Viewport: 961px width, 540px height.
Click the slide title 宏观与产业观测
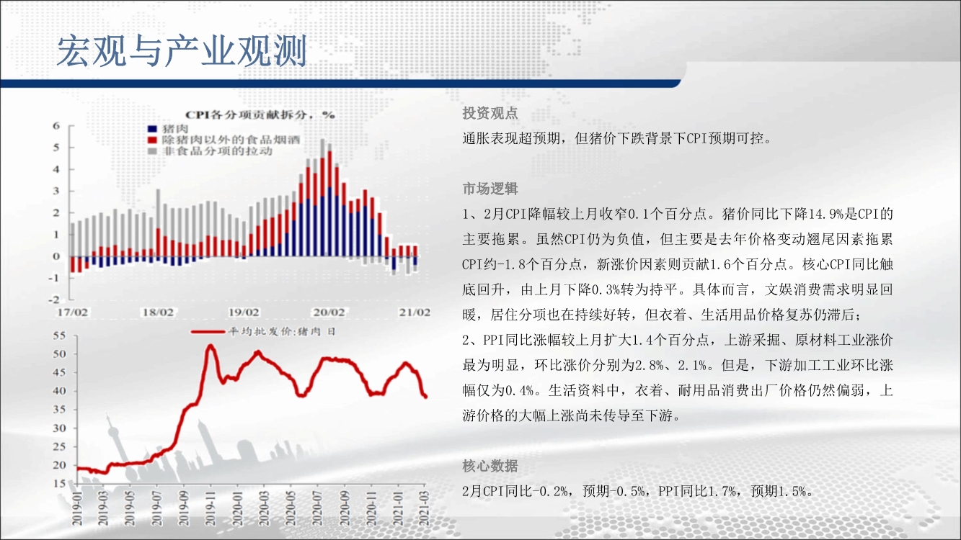click(x=182, y=50)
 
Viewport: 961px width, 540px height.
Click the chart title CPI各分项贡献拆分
click(x=246, y=115)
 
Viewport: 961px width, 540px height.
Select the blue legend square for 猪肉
click(x=152, y=129)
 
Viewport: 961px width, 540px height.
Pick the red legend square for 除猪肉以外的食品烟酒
click(x=152, y=140)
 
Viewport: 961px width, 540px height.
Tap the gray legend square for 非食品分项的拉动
click(x=152, y=151)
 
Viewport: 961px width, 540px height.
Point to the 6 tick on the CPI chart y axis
click(x=56, y=126)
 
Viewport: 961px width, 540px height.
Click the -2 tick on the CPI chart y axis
click(x=54, y=300)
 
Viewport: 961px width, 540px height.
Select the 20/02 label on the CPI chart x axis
click(x=329, y=312)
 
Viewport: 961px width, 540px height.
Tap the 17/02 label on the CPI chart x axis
click(x=72, y=312)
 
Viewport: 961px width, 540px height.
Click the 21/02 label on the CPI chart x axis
click(x=415, y=312)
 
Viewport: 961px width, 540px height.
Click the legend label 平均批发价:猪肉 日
click(x=281, y=332)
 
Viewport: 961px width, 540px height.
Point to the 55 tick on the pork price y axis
click(x=59, y=336)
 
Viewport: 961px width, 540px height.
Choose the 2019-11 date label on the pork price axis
click(x=211, y=508)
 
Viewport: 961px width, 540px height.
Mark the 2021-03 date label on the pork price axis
click(x=425, y=508)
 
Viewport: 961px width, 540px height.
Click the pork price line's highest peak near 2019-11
click(x=211, y=345)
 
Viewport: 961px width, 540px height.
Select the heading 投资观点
click(x=490, y=113)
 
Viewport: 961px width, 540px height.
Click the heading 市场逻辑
click(x=490, y=189)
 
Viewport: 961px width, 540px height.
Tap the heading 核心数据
click(x=490, y=466)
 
